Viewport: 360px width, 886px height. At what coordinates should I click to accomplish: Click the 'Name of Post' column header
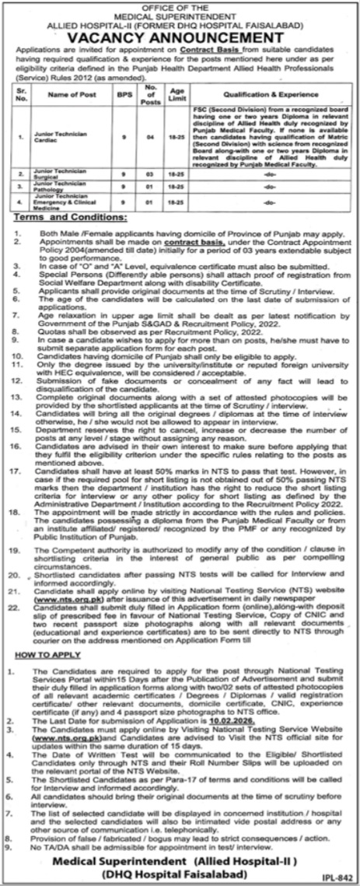pos(79,94)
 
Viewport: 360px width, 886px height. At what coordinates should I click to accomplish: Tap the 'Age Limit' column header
pos(180,94)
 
